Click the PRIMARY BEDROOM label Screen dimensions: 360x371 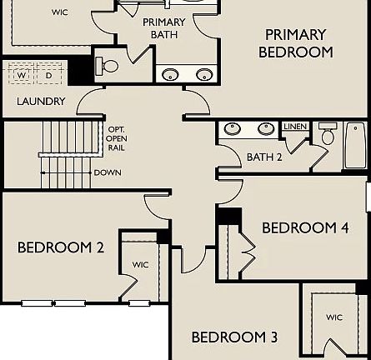point(295,43)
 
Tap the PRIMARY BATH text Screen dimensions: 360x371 point(164,28)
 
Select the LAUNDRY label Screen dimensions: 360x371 point(41,102)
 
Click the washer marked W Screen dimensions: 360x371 point(22,75)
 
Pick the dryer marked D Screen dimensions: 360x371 point(48,75)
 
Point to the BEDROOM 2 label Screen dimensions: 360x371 point(61,247)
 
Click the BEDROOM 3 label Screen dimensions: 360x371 point(234,337)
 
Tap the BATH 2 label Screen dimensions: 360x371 point(264,157)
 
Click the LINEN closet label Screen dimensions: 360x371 point(294,127)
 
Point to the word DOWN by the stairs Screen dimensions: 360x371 point(108,172)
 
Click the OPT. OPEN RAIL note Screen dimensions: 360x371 point(117,138)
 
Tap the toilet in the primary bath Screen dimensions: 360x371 point(109,65)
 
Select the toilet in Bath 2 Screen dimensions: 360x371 point(327,136)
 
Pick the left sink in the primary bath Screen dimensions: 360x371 point(170,75)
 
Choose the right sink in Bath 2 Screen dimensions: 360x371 point(266,129)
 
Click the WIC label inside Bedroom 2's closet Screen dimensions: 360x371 point(140,265)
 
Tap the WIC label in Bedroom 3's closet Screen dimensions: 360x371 point(334,317)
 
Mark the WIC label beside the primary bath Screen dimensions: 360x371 point(60,12)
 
